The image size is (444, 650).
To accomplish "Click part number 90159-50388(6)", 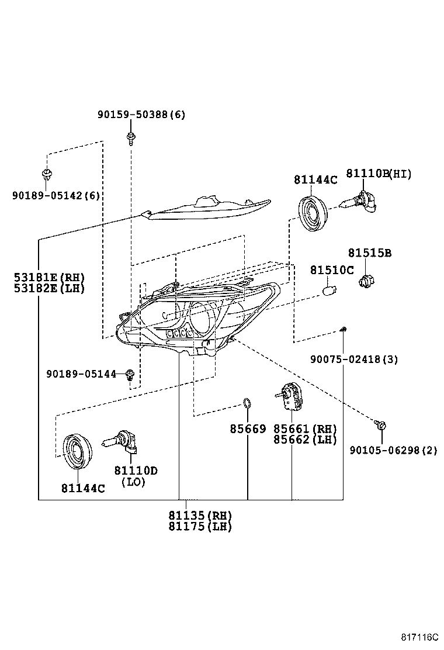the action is (x=141, y=115).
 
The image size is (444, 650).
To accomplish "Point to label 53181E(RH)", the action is (x=49, y=277).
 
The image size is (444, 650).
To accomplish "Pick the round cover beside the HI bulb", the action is (x=313, y=213).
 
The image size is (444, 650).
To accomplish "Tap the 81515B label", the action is (x=369, y=253).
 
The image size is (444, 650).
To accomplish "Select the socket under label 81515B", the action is (x=365, y=282).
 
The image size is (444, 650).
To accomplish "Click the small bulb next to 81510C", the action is (x=330, y=289).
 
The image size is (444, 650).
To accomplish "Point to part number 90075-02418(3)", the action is (x=354, y=359).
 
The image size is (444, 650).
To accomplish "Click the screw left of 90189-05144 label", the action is (x=130, y=374).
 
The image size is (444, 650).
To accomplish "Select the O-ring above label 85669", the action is (x=247, y=403).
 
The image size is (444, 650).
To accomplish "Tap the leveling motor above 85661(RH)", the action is (x=290, y=397).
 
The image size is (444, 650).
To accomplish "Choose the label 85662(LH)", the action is (x=305, y=440).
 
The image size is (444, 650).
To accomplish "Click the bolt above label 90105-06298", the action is (x=380, y=424).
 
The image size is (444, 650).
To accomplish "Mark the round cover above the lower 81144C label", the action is (x=77, y=451).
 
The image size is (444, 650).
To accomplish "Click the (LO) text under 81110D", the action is (x=133, y=482).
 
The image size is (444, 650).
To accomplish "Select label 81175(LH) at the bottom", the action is (x=200, y=527).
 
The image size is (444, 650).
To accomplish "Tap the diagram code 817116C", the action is (x=419, y=637).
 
